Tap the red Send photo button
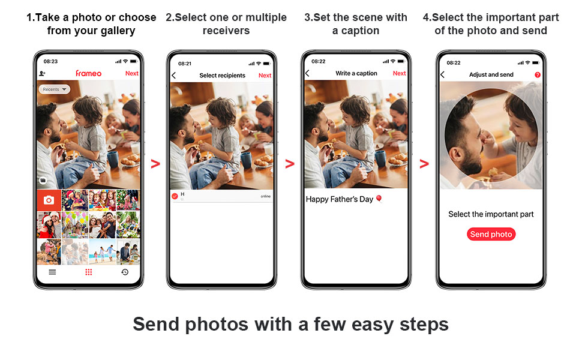tap(491, 234)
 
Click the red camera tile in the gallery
tap(49, 200)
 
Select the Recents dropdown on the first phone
tap(54, 89)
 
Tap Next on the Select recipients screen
tap(265, 76)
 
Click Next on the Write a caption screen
tap(399, 73)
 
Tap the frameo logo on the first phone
tap(88, 73)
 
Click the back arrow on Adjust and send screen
tap(442, 74)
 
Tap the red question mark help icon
tap(538, 75)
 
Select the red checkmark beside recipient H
tap(175, 196)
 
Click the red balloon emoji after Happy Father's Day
tap(379, 199)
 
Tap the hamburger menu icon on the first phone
tap(52, 272)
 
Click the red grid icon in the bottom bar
tap(88, 272)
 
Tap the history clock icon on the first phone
tap(125, 272)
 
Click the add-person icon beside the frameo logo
tap(43, 73)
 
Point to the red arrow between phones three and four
tap(424, 164)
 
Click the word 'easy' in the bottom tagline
tap(372, 325)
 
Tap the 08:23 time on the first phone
tap(50, 61)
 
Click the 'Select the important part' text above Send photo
tap(491, 214)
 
